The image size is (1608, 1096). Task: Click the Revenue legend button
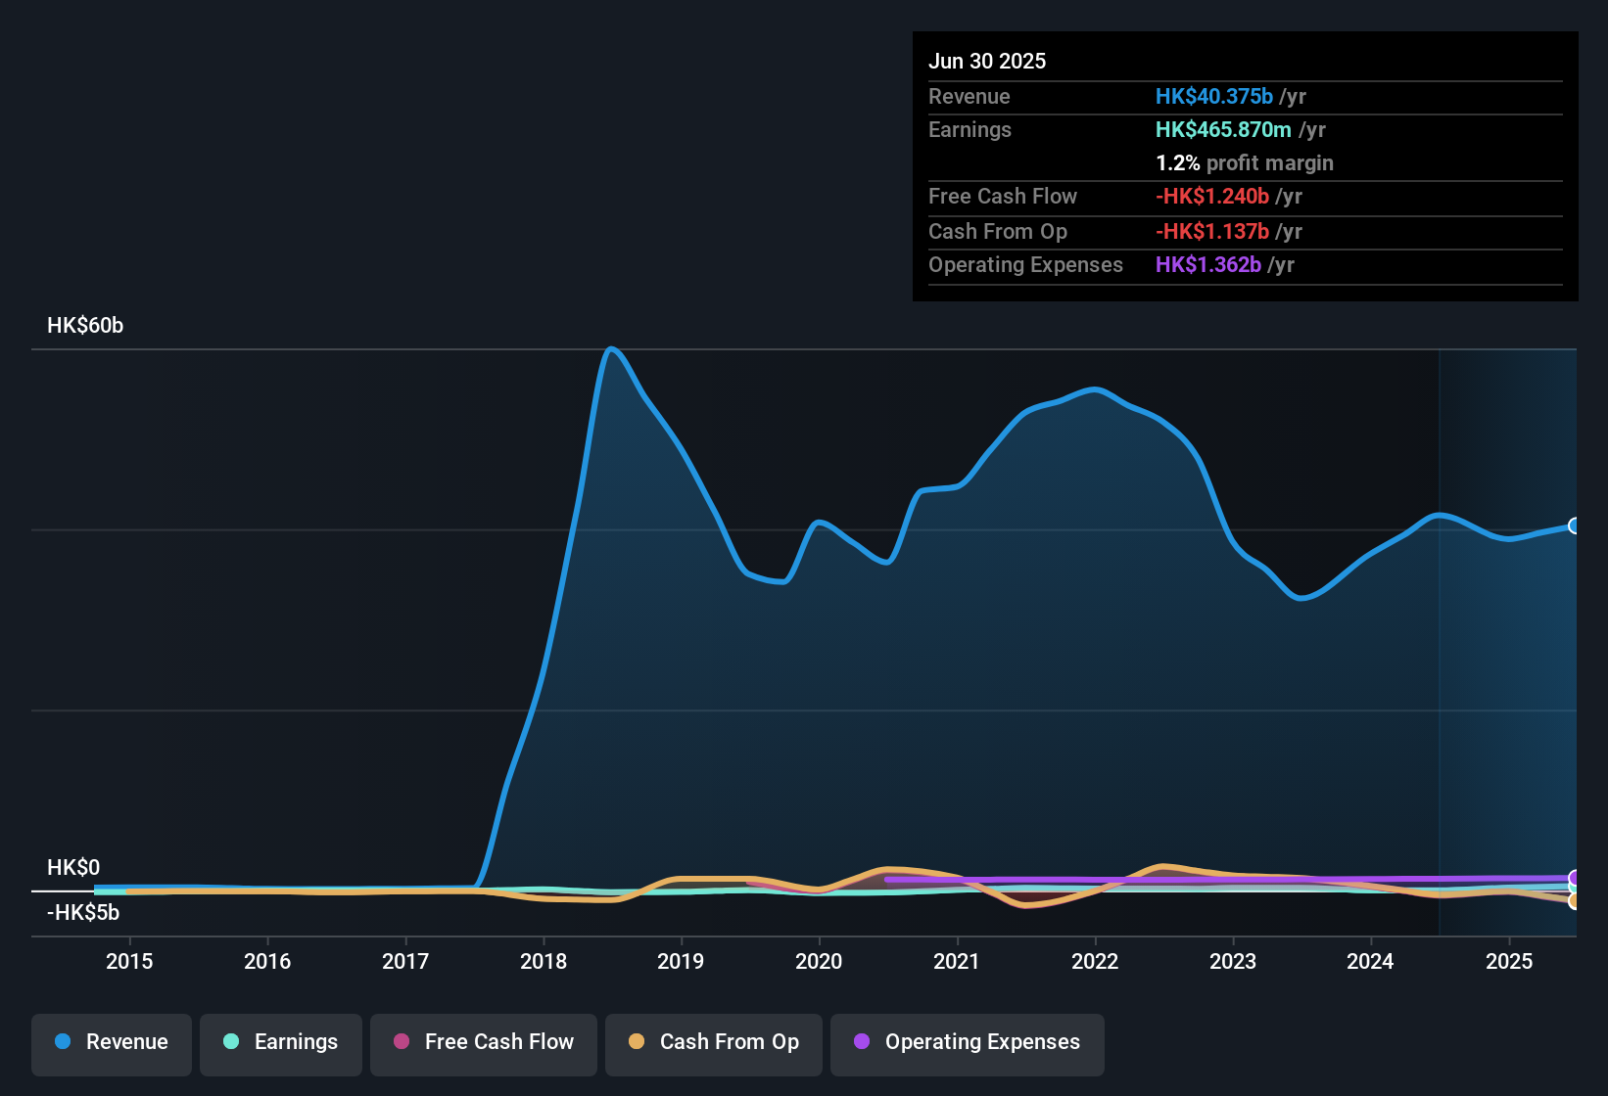112,1042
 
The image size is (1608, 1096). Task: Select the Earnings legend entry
281,1042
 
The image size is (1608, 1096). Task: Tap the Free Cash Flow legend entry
484,1042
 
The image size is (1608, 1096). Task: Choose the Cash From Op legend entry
714,1042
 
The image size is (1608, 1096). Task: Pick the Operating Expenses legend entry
968,1042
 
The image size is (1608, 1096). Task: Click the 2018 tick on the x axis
544,961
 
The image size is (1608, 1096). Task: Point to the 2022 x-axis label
1095,961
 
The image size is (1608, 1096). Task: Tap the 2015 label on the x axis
129,961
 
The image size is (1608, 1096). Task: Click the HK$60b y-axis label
85,326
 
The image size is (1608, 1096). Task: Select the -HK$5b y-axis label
83,913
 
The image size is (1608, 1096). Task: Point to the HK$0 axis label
73,868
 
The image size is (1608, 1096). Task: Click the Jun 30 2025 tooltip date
987,61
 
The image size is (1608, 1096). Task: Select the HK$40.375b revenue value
1214,96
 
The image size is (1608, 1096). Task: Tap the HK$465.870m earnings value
1223,129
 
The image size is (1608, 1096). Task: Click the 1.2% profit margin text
1245,163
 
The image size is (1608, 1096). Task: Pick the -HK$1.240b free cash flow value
1212,196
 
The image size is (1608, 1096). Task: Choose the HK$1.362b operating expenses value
1208,265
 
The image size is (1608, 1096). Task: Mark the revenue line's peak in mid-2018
611,348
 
